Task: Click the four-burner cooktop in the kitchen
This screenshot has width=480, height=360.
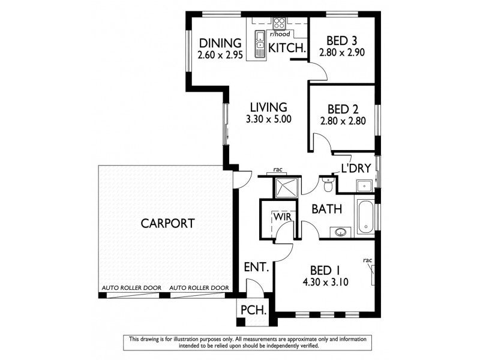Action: point(280,23)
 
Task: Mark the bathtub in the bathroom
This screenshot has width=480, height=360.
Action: point(365,218)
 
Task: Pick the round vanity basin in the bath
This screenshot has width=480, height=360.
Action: point(340,231)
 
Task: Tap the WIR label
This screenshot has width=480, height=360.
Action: point(283,215)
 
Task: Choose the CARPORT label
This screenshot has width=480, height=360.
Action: point(167,224)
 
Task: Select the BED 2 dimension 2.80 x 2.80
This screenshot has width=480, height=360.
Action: point(344,121)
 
